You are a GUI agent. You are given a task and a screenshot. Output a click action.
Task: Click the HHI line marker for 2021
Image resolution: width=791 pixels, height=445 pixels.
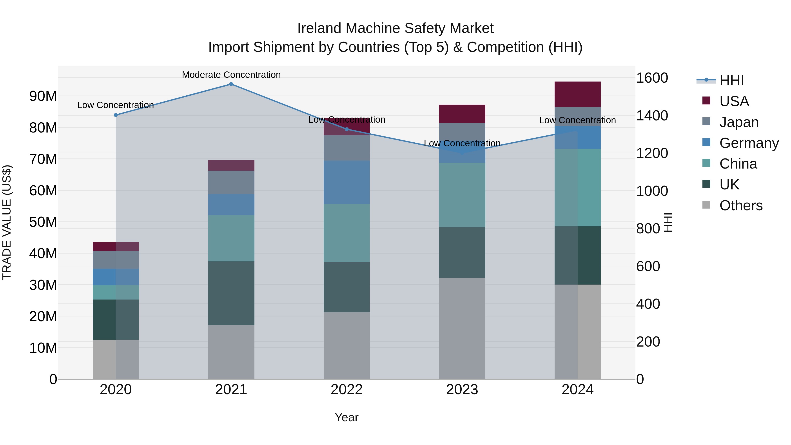click(x=231, y=84)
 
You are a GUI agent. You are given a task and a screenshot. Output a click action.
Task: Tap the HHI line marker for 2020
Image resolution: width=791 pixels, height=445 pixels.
click(x=116, y=115)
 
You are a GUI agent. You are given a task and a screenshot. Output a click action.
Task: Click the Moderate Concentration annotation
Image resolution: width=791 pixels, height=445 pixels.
click(x=231, y=75)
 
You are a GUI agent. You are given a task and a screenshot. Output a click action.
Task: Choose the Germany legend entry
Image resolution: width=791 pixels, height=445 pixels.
click(x=749, y=143)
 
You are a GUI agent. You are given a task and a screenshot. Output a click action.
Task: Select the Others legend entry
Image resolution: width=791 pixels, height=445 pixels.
click(x=741, y=205)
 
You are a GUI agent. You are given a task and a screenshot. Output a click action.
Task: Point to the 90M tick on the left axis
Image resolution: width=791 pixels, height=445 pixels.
click(x=43, y=96)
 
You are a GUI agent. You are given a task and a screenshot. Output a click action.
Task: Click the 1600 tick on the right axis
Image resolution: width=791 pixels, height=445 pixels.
click(x=652, y=78)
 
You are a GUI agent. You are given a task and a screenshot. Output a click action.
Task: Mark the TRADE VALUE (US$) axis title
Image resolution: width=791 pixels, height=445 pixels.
click(x=7, y=222)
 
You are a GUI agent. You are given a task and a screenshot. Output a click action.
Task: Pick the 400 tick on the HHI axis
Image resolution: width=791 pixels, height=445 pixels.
click(x=648, y=304)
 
